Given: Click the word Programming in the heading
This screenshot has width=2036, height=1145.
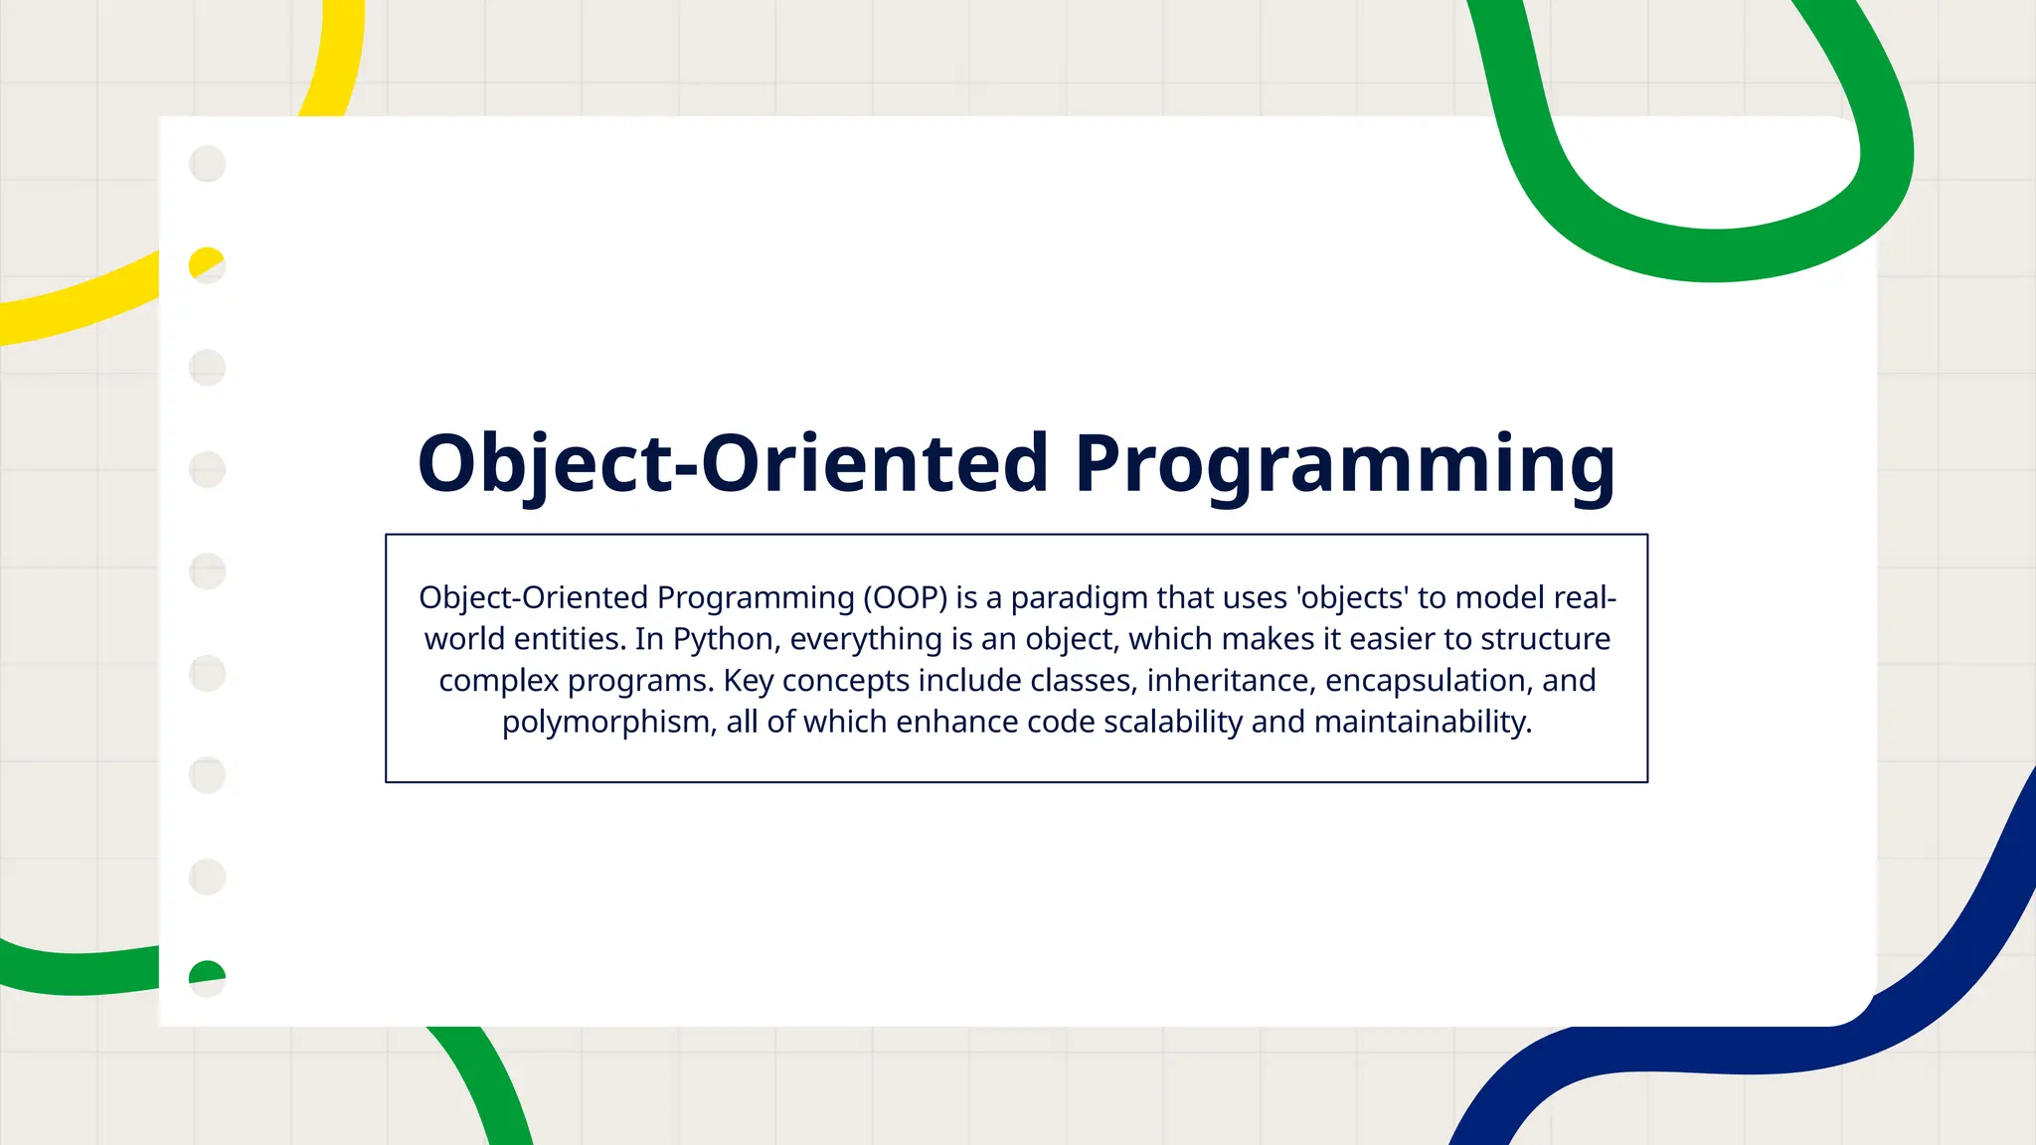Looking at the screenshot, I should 1344,465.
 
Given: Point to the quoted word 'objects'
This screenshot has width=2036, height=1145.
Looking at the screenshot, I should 1352,597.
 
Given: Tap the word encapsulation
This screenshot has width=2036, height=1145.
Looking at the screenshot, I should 1429,681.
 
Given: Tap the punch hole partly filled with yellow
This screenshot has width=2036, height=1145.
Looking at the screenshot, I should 207,265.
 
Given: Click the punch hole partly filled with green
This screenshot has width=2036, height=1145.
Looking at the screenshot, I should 207,978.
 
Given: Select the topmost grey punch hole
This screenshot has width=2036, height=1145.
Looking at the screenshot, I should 207,163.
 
